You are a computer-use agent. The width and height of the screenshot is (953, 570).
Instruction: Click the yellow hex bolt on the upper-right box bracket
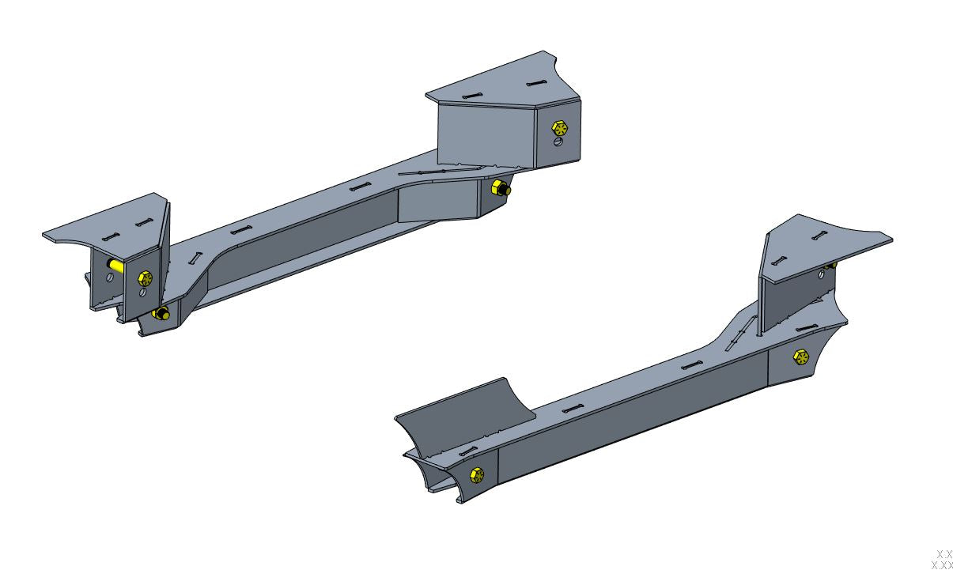pyautogui.click(x=560, y=127)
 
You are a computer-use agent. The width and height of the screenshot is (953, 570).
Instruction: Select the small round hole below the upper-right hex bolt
pyautogui.click(x=558, y=142)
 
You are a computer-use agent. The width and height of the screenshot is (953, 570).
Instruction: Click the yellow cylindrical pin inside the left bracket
pyautogui.click(x=115, y=266)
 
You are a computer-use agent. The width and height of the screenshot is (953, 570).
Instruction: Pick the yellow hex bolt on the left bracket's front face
pyautogui.click(x=145, y=277)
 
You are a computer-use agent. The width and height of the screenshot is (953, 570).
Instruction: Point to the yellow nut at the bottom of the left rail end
pyautogui.click(x=161, y=314)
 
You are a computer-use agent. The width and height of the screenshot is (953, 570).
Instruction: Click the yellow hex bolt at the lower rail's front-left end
pyautogui.click(x=476, y=475)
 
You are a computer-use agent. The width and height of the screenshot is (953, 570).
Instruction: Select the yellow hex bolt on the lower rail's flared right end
pyautogui.click(x=801, y=358)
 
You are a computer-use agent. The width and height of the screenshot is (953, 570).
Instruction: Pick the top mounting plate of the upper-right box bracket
pyautogui.click(x=506, y=83)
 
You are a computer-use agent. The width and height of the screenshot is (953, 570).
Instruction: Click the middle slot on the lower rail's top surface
pyautogui.click(x=692, y=365)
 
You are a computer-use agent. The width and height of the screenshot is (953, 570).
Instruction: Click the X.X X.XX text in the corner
pyautogui.click(x=942, y=560)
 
